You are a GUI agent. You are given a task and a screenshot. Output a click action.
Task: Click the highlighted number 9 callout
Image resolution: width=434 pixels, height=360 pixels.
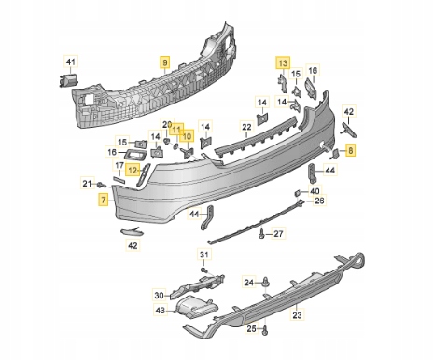coord(165,62)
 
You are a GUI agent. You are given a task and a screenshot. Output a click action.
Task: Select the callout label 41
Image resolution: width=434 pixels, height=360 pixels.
coord(71,62)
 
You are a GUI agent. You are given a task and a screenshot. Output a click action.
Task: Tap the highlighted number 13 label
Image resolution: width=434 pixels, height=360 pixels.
coord(283,63)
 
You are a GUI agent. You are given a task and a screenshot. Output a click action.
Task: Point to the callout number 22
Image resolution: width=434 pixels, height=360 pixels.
coord(246,127)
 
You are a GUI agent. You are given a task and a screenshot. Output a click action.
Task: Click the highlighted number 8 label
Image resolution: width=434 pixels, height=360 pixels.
coord(351,151)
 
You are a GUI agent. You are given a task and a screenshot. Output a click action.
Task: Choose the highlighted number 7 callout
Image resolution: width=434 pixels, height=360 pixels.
coord(104,200)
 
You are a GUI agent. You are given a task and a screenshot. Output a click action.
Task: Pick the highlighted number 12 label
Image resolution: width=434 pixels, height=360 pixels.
coord(133,171)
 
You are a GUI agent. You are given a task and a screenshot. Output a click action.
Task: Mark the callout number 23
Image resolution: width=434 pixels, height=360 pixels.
coord(298,315)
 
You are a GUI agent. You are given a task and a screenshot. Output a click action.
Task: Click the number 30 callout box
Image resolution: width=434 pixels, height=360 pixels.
coord(159,295)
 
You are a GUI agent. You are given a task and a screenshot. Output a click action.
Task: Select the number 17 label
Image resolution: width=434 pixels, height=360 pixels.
coord(119,166)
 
